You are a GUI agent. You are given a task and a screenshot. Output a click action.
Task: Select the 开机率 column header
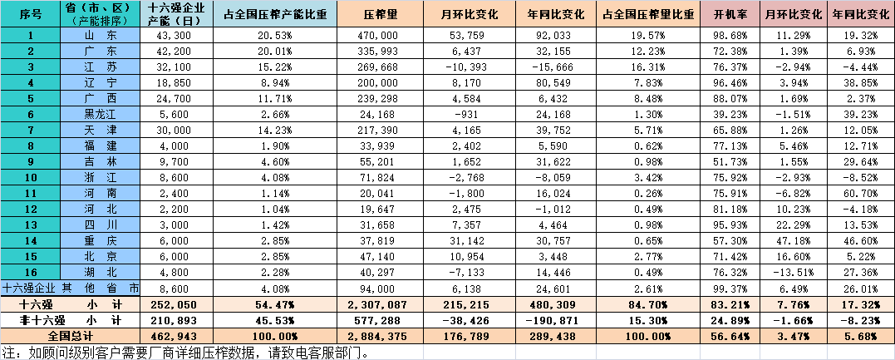click(731, 16)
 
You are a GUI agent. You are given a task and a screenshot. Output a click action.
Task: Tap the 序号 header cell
click(31, 16)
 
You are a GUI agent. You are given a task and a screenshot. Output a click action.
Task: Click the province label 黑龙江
click(101, 113)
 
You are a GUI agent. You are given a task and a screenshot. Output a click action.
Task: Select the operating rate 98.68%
click(731, 35)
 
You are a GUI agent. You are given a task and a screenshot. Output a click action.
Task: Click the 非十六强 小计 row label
click(71, 320)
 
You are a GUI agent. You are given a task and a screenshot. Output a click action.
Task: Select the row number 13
click(31, 224)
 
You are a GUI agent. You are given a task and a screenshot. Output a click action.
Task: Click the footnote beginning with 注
click(183, 352)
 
